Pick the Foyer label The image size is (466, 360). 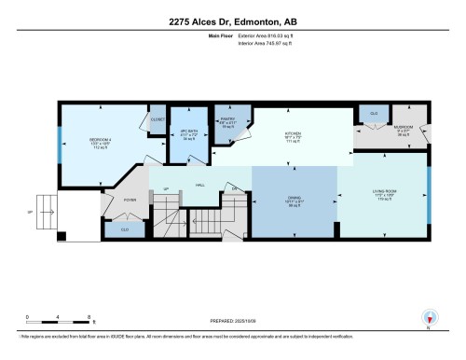130,199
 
